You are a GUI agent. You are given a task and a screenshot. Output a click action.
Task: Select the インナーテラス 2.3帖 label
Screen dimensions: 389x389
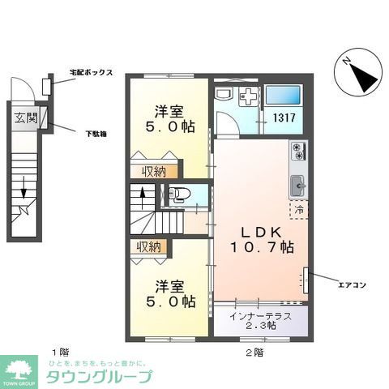point(261,319)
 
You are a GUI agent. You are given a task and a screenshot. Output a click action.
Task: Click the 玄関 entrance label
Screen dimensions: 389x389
point(24,118)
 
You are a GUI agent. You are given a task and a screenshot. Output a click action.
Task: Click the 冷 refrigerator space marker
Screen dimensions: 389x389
point(298,209)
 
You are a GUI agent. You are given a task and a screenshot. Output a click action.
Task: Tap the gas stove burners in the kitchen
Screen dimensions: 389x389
point(297,151)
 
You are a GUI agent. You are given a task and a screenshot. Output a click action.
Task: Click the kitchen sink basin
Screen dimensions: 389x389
point(297,182)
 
